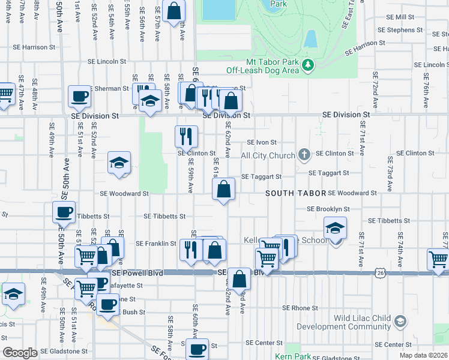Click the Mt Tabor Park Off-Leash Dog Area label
(272, 66)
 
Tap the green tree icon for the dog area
(308, 64)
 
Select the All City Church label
(268, 155)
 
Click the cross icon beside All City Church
(304, 155)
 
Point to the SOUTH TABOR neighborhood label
(296, 194)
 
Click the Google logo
(20, 353)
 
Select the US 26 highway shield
(379, 273)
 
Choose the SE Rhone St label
(300, 308)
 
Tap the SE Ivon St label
(262, 143)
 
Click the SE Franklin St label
(156, 244)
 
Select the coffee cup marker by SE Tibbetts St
(64, 212)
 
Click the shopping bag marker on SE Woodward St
(223, 190)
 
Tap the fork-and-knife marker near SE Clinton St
(186, 136)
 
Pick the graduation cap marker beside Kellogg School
(335, 228)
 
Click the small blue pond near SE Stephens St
(310, 38)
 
